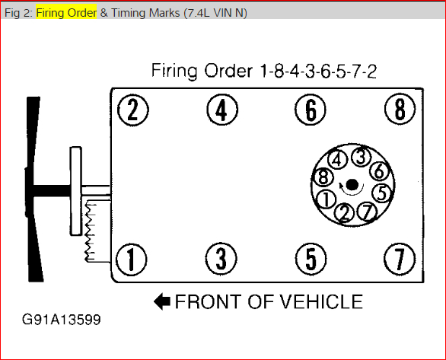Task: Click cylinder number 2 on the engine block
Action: point(133,110)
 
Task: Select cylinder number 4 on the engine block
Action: point(222,110)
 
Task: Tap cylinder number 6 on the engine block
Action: point(311,110)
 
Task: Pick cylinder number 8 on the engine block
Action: point(400,109)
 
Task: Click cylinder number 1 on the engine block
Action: point(132,260)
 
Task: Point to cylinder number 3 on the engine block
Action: point(221,259)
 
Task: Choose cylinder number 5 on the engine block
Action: point(311,259)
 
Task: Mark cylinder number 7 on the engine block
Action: point(400,259)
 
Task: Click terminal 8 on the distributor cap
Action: point(323,177)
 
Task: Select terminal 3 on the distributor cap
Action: point(362,157)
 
